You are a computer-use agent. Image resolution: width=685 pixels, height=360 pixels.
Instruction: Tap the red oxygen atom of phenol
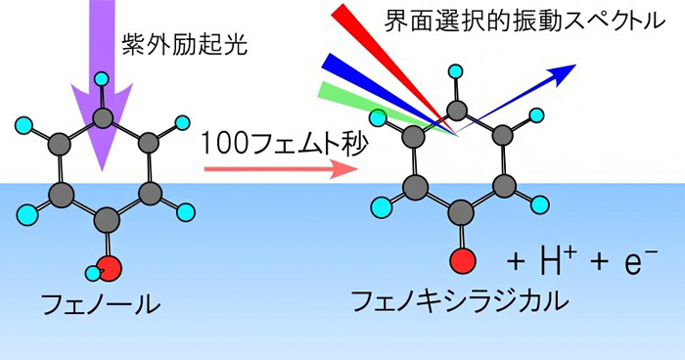coord(110,265)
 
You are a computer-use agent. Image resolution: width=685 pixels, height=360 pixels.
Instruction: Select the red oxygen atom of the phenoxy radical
coord(463,261)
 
